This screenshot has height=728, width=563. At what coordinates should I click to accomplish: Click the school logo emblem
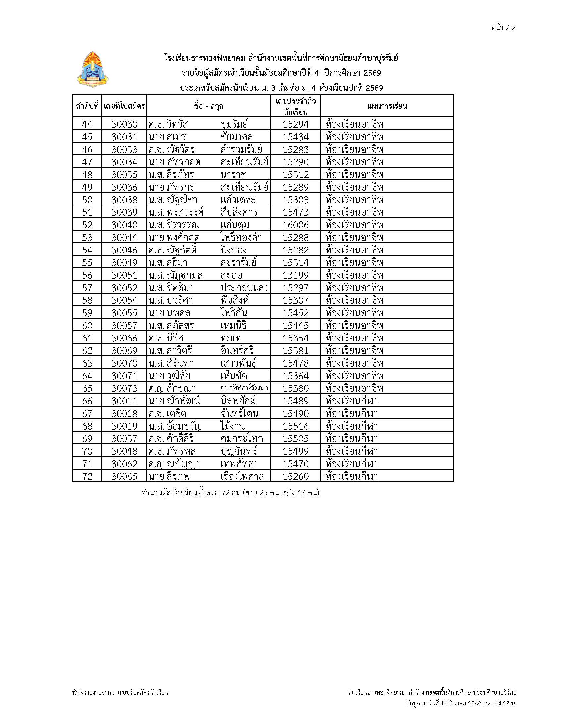tap(91, 70)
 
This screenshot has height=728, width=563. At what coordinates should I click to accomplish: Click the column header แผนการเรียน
tap(387, 106)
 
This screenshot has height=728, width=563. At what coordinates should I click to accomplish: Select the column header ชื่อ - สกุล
tap(208, 106)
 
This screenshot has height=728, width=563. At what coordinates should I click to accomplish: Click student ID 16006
tap(295, 225)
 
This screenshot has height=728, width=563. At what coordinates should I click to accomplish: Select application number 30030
tap(124, 124)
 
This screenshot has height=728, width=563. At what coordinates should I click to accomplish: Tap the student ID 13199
tap(295, 275)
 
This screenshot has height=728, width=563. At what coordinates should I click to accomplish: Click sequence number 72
tap(87, 476)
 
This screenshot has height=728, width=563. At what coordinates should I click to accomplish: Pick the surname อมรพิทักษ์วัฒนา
tap(244, 388)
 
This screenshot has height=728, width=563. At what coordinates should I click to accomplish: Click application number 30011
tap(124, 401)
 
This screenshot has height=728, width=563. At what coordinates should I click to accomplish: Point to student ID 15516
tap(295, 426)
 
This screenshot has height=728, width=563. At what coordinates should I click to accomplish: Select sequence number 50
tap(87, 200)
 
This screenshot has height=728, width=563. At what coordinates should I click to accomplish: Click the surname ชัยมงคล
tap(236, 137)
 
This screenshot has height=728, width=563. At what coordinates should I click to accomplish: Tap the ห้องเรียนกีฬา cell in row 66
tap(351, 401)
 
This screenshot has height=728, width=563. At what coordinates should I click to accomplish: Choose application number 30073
tap(124, 388)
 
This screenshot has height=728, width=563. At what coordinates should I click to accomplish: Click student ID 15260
tap(295, 476)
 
